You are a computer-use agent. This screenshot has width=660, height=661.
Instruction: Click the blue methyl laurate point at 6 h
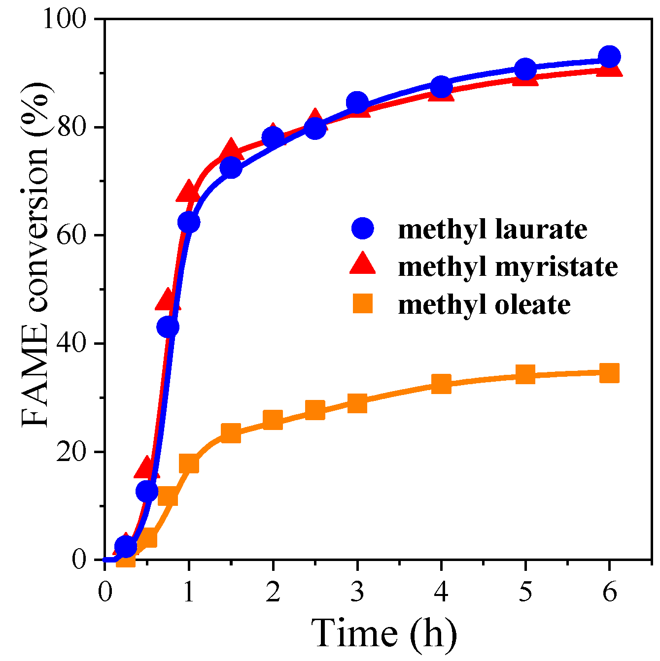(609, 57)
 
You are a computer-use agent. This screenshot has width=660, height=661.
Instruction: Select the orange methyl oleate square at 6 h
(609, 373)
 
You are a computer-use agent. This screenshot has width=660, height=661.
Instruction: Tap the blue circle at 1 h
(189, 223)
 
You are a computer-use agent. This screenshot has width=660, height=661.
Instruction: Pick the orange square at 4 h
(441, 384)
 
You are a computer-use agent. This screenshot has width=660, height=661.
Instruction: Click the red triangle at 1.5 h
(231, 150)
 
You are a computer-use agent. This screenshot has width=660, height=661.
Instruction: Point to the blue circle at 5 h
(525, 69)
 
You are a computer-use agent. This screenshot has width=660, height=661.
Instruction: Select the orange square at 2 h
(273, 420)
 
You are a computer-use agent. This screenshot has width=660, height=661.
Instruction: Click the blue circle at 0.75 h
(168, 327)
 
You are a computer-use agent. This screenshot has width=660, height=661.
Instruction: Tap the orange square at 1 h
(189, 463)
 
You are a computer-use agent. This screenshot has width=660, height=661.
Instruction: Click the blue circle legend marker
(363, 229)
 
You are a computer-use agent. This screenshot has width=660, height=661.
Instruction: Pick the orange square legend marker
(363, 303)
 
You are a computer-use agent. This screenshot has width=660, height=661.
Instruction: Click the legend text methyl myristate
(508, 266)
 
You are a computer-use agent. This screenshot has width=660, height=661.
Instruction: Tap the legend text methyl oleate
(484, 304)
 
